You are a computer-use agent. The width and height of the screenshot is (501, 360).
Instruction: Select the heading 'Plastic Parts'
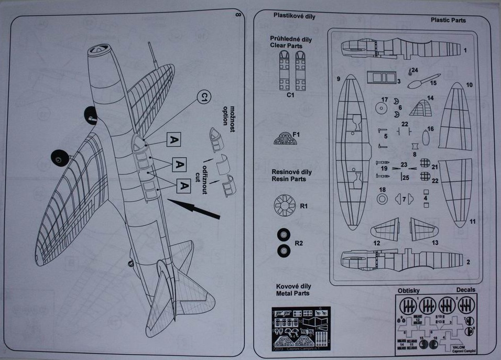tap(448, 20)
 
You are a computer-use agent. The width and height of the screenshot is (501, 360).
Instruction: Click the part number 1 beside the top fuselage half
tap(465, 50)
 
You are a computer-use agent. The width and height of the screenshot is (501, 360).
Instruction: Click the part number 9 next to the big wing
tap(339, 79)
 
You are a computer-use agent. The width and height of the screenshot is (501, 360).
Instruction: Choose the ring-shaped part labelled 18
tap(382, 199)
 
